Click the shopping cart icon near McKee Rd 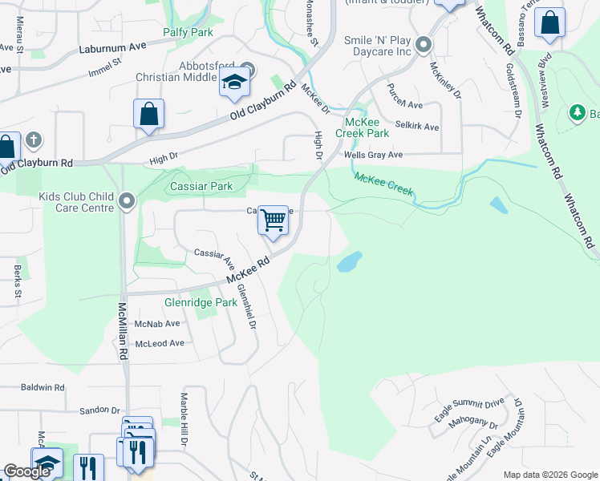point(274,220)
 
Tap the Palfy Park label point(188,32)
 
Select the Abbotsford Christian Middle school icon point(234,83)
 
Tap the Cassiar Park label point(201,186)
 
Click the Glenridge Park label point(201,303)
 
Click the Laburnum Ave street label point(113,47)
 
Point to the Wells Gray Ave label point(373,155)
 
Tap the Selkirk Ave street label point(420,127)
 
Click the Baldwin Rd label point(43,387)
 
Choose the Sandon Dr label point(99,410)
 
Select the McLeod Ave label point(160,343)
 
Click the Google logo point(27,471)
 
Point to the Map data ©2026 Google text point(549,475)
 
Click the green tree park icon point(577,113)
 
